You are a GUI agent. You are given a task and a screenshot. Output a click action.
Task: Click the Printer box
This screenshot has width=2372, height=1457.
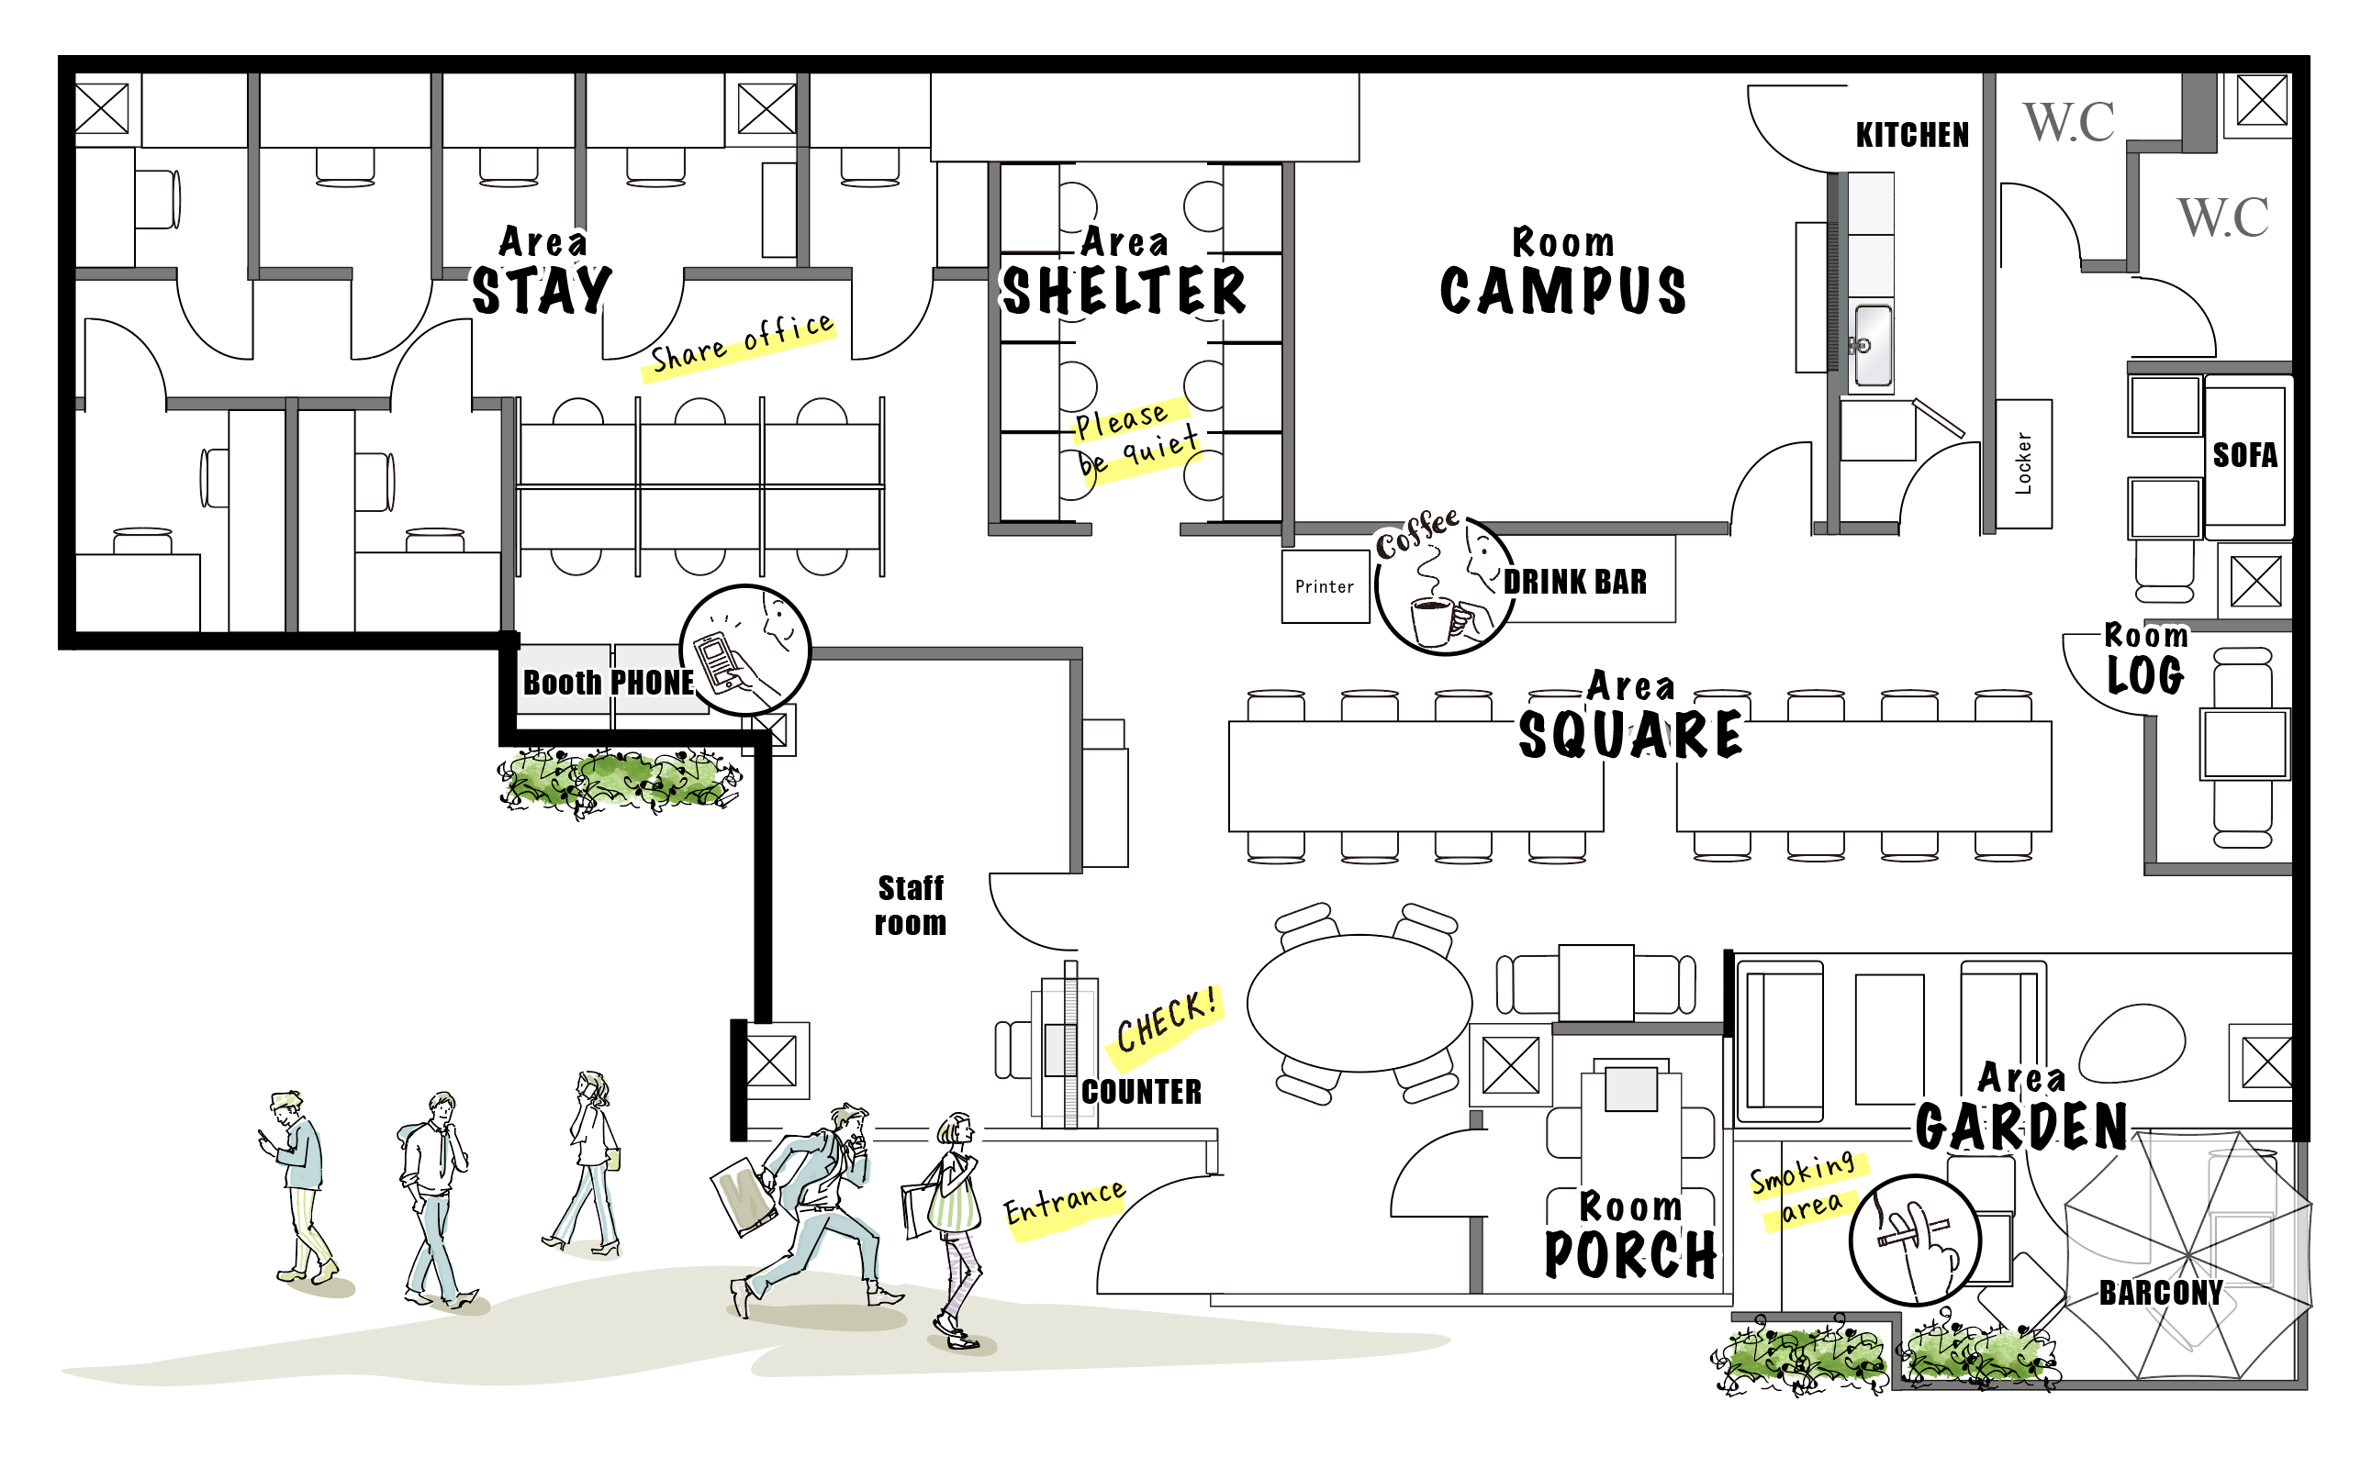coord(1326,586)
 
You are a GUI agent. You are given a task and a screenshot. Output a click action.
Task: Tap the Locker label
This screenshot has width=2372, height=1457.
coord(2023,463)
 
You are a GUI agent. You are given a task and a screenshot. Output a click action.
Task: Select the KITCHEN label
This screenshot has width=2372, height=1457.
coord(1912,135)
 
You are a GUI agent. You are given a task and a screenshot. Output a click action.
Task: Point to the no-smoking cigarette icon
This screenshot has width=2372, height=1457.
coord(1914,1240)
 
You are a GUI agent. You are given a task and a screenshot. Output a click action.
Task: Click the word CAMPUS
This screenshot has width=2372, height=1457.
coord(1562,290)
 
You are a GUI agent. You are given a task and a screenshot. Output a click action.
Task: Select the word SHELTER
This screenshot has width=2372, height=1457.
coord(1124,291)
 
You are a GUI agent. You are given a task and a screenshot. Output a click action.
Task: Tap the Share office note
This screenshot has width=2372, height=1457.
coord(740,344)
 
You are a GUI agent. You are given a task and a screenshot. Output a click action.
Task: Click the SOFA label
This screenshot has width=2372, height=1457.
coord(2244,455)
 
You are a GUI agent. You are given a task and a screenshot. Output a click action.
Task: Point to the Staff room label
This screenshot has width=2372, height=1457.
coord(910,905)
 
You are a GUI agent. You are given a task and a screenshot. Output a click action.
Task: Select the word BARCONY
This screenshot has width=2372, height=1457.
coord(2161,1292)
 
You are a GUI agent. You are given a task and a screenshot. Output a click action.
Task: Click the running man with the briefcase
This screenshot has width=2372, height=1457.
coord(810,1209)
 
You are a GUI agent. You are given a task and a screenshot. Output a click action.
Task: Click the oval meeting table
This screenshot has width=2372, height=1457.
coord(1359,1002)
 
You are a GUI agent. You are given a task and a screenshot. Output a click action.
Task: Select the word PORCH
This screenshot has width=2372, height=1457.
coord(1630,1254)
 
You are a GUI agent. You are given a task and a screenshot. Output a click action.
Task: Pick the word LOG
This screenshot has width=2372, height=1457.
coord(2144,675)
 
